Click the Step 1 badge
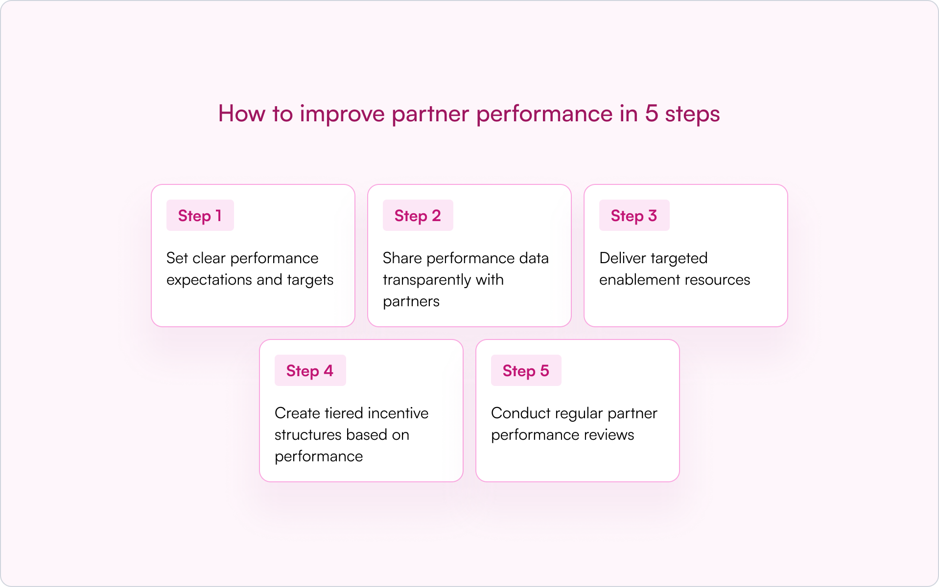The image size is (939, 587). point(200,216)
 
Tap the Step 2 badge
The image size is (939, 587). point(418,216)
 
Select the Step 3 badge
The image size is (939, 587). point(634,216)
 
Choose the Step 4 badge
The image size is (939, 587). point(310,371)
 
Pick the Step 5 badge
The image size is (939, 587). point(526,371)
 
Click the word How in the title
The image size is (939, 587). point(242,113)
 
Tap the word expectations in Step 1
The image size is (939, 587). point(209,280)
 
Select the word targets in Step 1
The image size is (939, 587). point(310,280)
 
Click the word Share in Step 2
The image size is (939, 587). point(402,258)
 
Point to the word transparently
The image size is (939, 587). point(426,280)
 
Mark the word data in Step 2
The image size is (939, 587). point(534,258)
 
